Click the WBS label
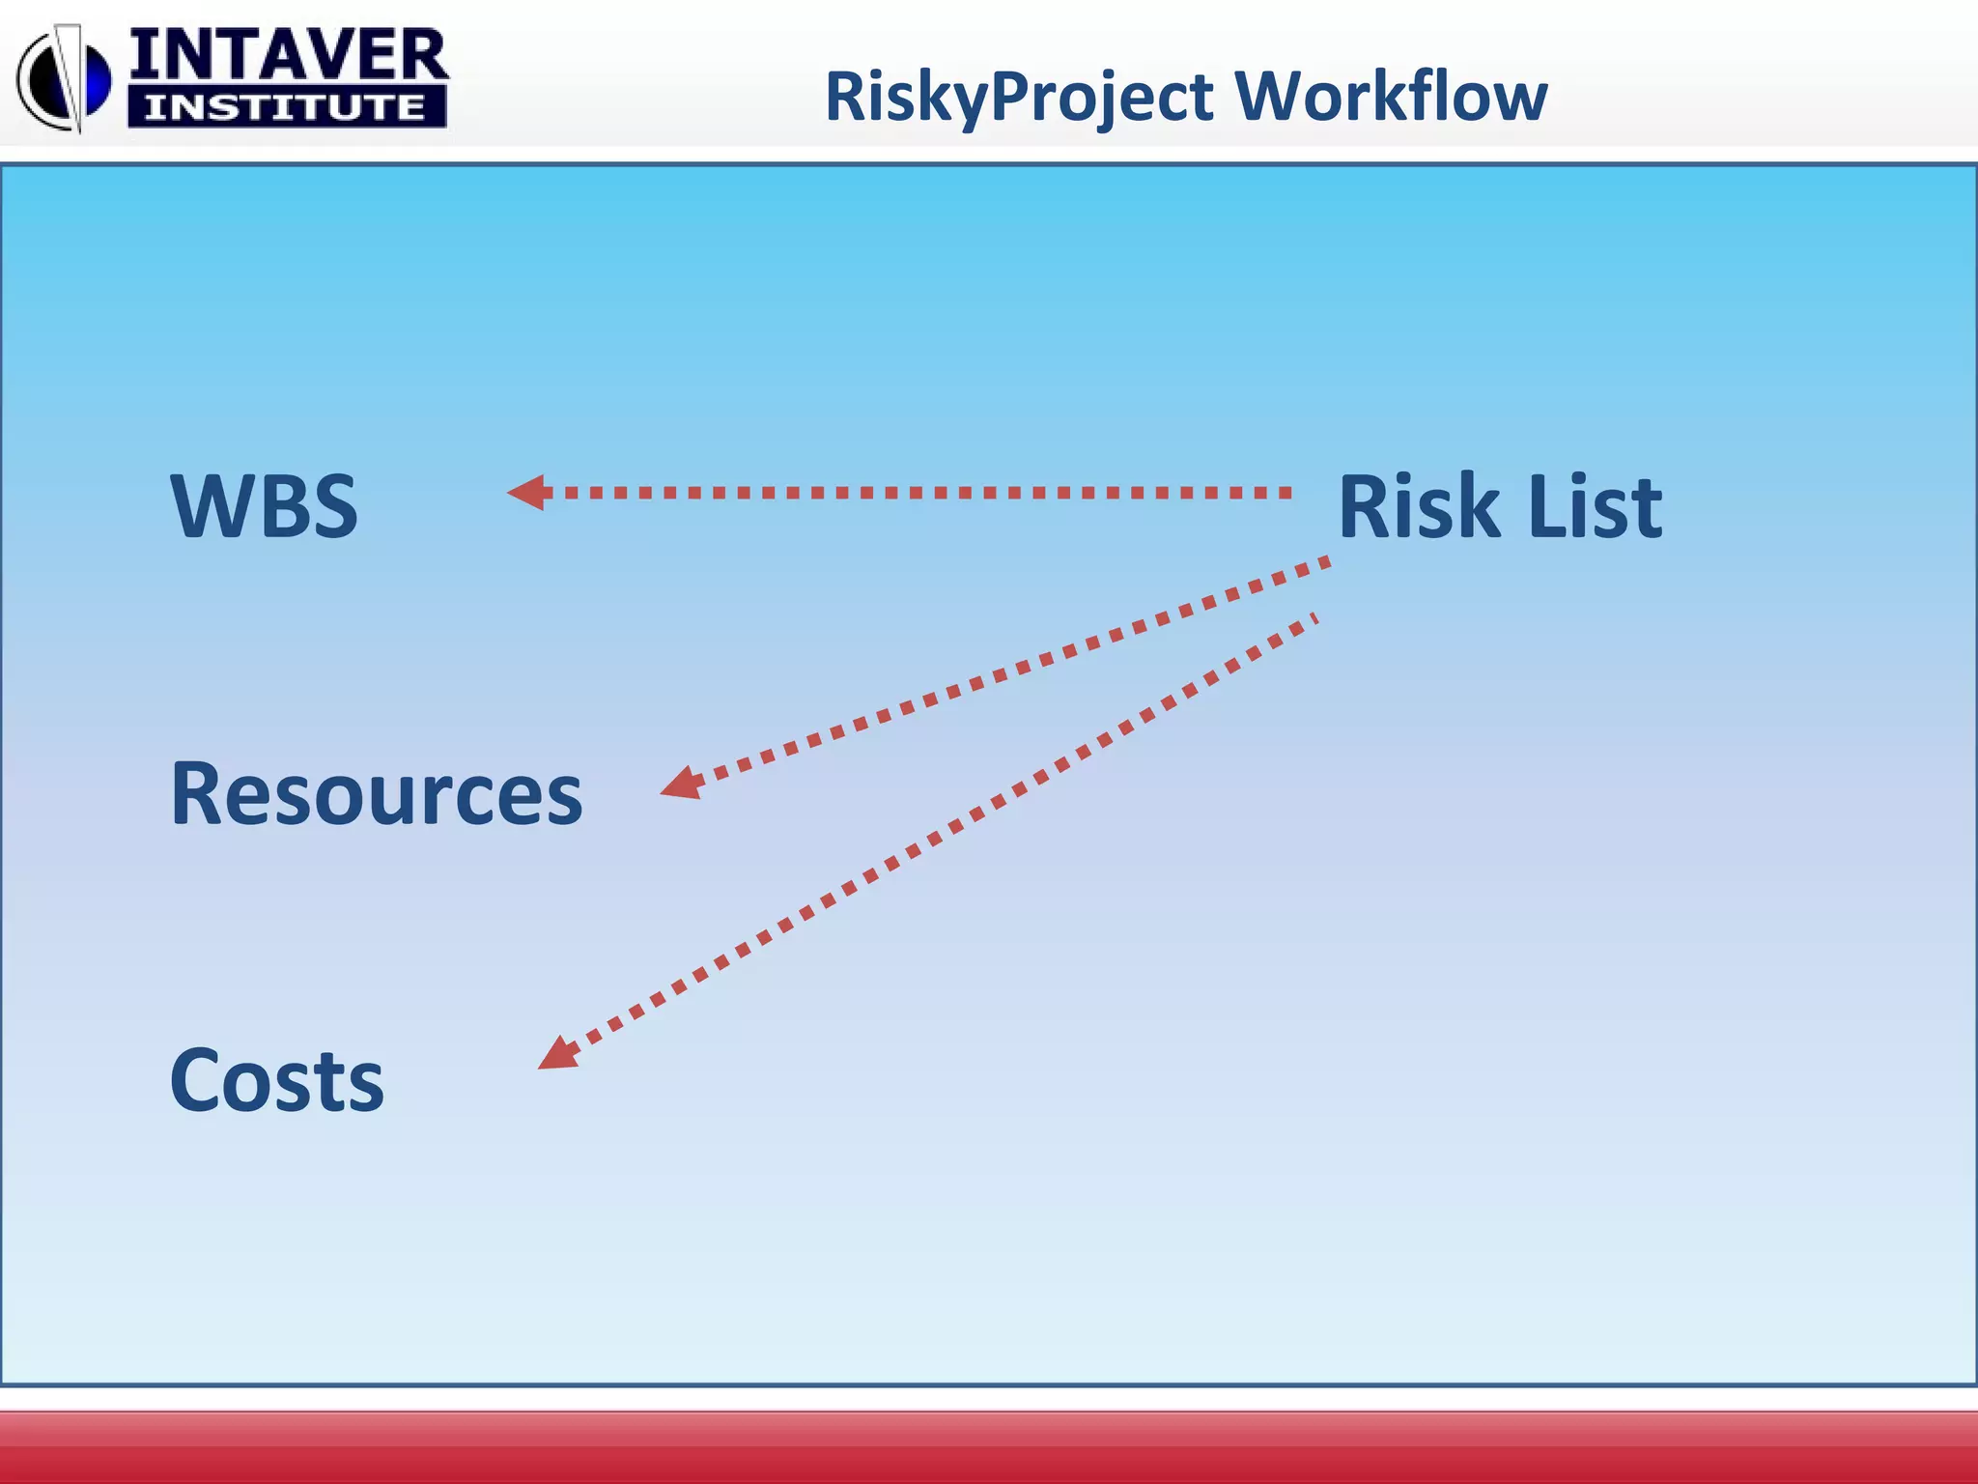pyautogui.click(x=264, y=505)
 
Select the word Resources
pyautogui.click(x=376, y=793)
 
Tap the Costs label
pyautogui.click(x=276, y=1080)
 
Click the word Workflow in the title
pyautogui.click(x=1391, y=96)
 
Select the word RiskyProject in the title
pyautogui.click(x=1019, y=98)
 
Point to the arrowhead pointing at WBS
pyautogui.click(x=528, y=493)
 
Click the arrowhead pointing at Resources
pyautogui.click(x=682, y=784)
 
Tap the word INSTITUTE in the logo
pyautogui.click(x=286, y=106)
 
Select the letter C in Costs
pyautogui.click(x=198, y=1080)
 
